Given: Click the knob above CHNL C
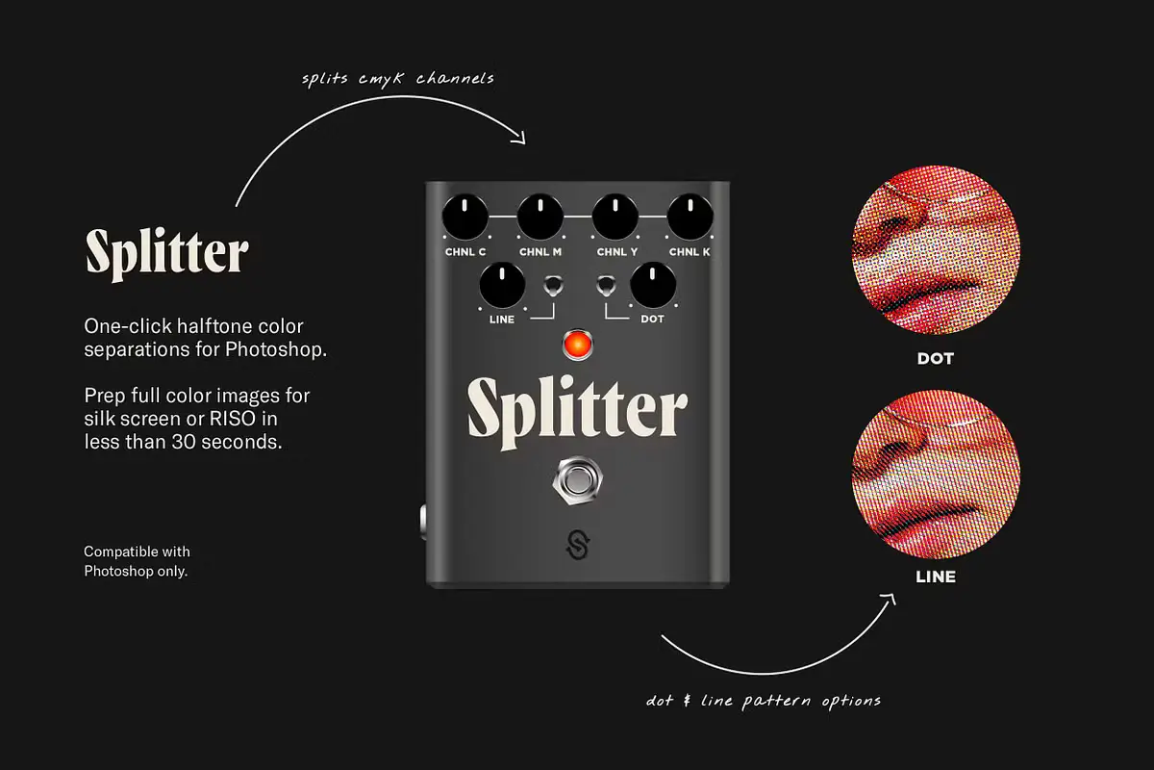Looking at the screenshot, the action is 464,217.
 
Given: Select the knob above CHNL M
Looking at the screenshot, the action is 539,217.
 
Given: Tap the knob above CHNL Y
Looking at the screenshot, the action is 615,217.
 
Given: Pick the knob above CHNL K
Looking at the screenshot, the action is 690,217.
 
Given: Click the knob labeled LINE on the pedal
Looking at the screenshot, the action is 502,285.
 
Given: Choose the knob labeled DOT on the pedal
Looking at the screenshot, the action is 653,285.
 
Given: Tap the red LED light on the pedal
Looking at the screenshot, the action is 578,345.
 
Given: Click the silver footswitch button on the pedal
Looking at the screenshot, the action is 578,480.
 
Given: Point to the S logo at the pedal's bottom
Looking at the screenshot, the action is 578,545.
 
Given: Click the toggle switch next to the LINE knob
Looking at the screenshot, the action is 553,286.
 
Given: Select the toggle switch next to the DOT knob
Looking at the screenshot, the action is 606,286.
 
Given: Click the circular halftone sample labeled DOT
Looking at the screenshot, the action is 936,249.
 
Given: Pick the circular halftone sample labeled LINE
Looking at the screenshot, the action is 936,475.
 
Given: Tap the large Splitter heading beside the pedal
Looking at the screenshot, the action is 167,254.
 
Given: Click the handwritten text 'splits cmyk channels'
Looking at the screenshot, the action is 397,79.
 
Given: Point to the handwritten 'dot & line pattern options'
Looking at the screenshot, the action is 763,702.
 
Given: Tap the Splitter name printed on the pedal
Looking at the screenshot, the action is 578,412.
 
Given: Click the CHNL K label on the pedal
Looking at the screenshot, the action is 690,252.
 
